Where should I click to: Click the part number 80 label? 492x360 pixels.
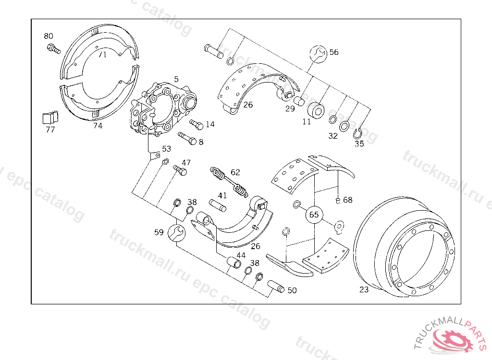click(x=49, y=36)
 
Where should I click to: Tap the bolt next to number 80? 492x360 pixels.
click(x=53, y=48)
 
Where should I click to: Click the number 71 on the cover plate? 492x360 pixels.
click(x=102, y=55)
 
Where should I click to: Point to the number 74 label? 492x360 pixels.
click(x=98, y=126)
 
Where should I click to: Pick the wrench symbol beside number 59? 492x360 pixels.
click(x=175, y=233)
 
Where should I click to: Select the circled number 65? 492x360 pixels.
click(x=314, y=215)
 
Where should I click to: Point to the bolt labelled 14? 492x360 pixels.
click(x=197, y=125)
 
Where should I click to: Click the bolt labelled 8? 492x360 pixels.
click(x=187, y=139)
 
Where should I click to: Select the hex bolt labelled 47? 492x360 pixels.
click(x=180, y=170)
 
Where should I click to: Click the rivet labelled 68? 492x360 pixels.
click(x=338, y=200)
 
